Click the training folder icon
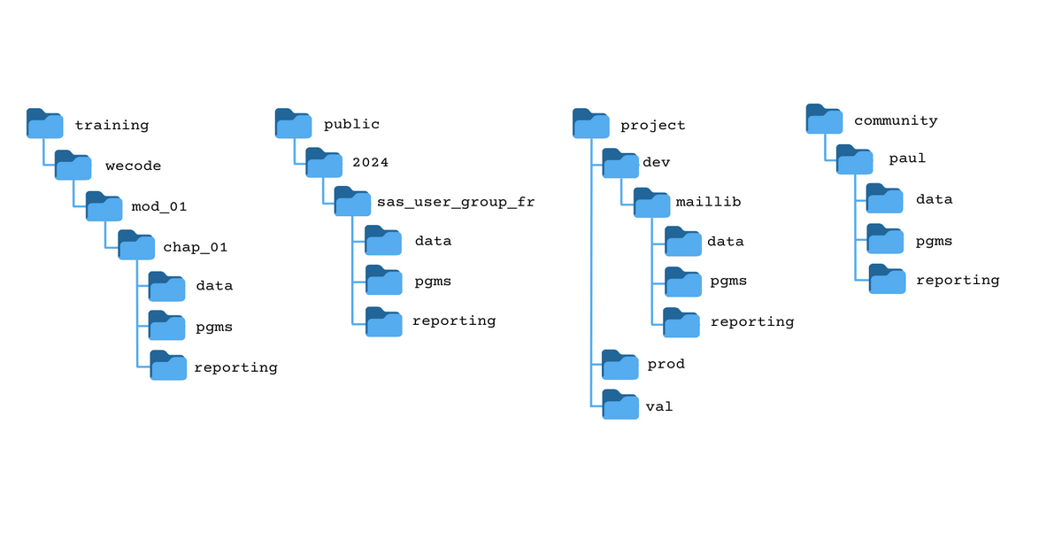click(x=44, y=124)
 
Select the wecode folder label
click(x=133, y=166)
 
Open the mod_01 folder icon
click(x=104, y=206)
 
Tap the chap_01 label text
click(x=195, y=247)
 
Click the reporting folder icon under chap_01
click(x=168, y=366)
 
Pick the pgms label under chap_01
click(x=214, y=327)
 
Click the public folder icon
click(x=293, y=124)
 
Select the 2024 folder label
click(x=370, y=162)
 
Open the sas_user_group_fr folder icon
click(x=352, y=202)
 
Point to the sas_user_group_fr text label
click(x=456, y=202)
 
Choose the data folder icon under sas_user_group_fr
click(x=383, y=241)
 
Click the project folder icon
click(x=590, y=124)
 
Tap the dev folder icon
click(x=619, y=163)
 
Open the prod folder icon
click(x=619, y=364)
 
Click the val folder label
click(x=659, y=406)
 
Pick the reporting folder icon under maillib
click(x=681, y=322)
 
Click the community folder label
click(x=896, y=120)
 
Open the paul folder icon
click(x=854, y=159)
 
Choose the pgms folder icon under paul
click(x=884, y=238)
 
